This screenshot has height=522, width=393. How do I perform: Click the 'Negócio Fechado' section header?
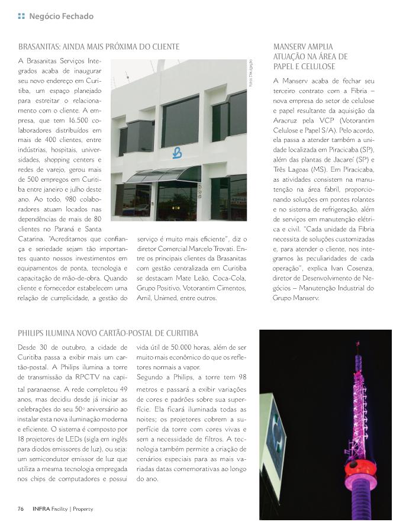pyautogui.click(x=61, y=16)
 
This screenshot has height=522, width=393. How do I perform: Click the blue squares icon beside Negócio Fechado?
pyautogui.click(x=21, y=16)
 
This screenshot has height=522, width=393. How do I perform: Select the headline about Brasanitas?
pyautogui.click(x=99, y=46)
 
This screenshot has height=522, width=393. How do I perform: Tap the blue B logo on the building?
pyautogui.click(x=176, y=153)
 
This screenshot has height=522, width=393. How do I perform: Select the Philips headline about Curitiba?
pyautogui.click(x=108, y=333)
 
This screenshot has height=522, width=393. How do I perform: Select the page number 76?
pyautogui.click(x=21, y=509)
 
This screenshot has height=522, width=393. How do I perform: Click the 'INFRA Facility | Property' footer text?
pyautogui.click(x=63, y=509)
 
